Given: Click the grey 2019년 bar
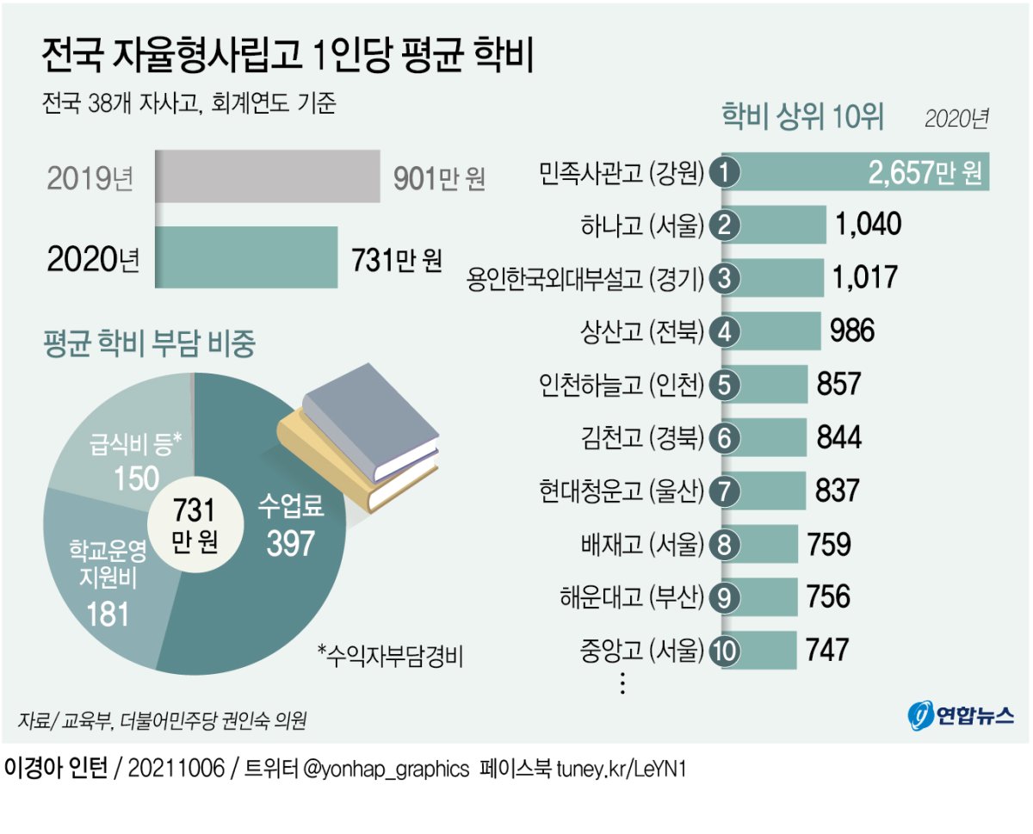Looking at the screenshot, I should (x=268, y=176).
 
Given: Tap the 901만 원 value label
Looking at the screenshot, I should (x=439, y=178).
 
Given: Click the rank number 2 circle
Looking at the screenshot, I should (x=725, y=226).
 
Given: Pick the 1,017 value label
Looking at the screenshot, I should (x=865, y=278).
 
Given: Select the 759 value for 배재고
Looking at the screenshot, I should (x=829, y=545).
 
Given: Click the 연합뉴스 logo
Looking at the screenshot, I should (x=961, y=714).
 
